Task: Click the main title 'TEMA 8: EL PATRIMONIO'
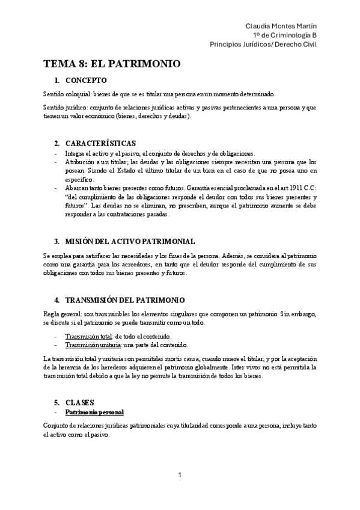tap(112, 64)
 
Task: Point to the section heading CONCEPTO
tap(86, 80)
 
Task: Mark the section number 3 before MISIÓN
tap(56, 241)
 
